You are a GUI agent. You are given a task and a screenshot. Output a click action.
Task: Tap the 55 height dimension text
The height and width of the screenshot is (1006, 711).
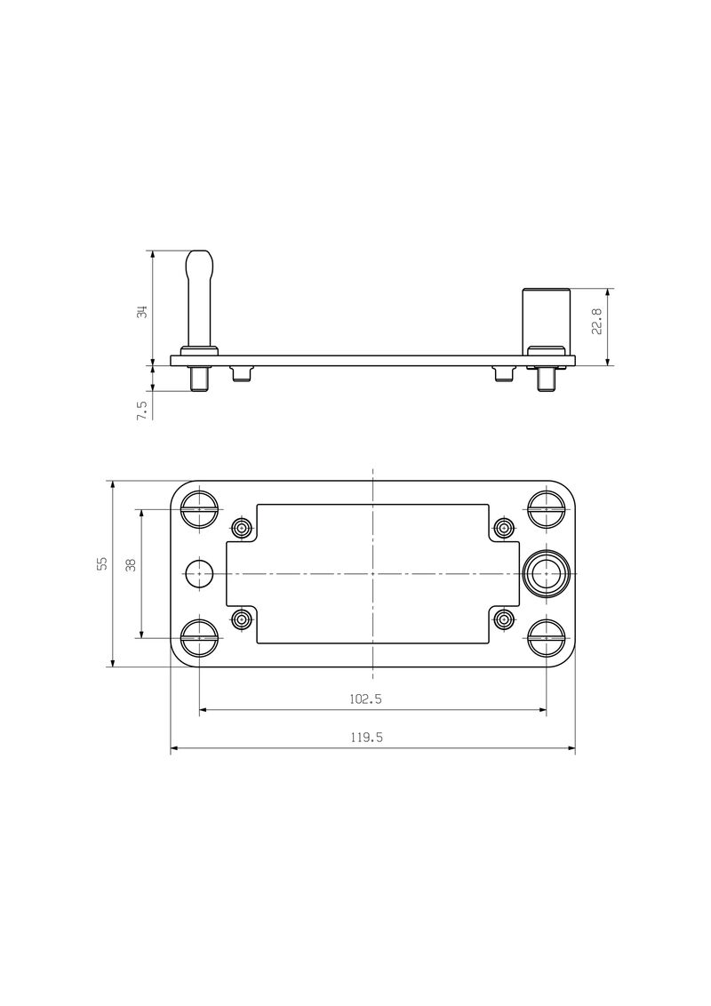coord(102,563)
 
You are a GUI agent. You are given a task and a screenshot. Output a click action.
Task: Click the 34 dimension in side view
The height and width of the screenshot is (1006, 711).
coord(140,311)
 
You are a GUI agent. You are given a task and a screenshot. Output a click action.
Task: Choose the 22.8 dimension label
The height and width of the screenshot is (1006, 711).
coord(596,321)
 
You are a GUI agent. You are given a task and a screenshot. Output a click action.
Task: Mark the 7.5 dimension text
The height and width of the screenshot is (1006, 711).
coord(140,410)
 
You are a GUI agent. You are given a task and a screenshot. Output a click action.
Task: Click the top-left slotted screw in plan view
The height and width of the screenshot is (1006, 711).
coord(199,509)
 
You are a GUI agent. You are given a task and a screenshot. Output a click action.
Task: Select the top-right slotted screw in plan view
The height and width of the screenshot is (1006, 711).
coord(546,509)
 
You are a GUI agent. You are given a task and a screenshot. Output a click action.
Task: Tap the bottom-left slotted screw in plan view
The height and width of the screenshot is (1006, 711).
coord(199,638)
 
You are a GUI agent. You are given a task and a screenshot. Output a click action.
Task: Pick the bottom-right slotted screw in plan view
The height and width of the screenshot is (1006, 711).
coord(546,638)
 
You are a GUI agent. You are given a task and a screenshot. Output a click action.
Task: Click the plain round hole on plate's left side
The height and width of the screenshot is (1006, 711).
coord(199,574)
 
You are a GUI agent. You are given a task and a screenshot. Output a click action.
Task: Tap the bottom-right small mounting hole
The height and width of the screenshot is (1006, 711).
coord(504,619)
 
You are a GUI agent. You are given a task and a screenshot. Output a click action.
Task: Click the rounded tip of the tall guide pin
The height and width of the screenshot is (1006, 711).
coord(199,263)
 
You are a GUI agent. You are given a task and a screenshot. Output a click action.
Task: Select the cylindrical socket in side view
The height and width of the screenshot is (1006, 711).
coord(546,316)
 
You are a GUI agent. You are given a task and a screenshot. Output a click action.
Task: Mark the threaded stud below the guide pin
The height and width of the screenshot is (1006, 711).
coord(199,379)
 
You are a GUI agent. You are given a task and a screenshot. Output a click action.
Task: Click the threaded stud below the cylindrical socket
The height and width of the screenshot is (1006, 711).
coord(546,379)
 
